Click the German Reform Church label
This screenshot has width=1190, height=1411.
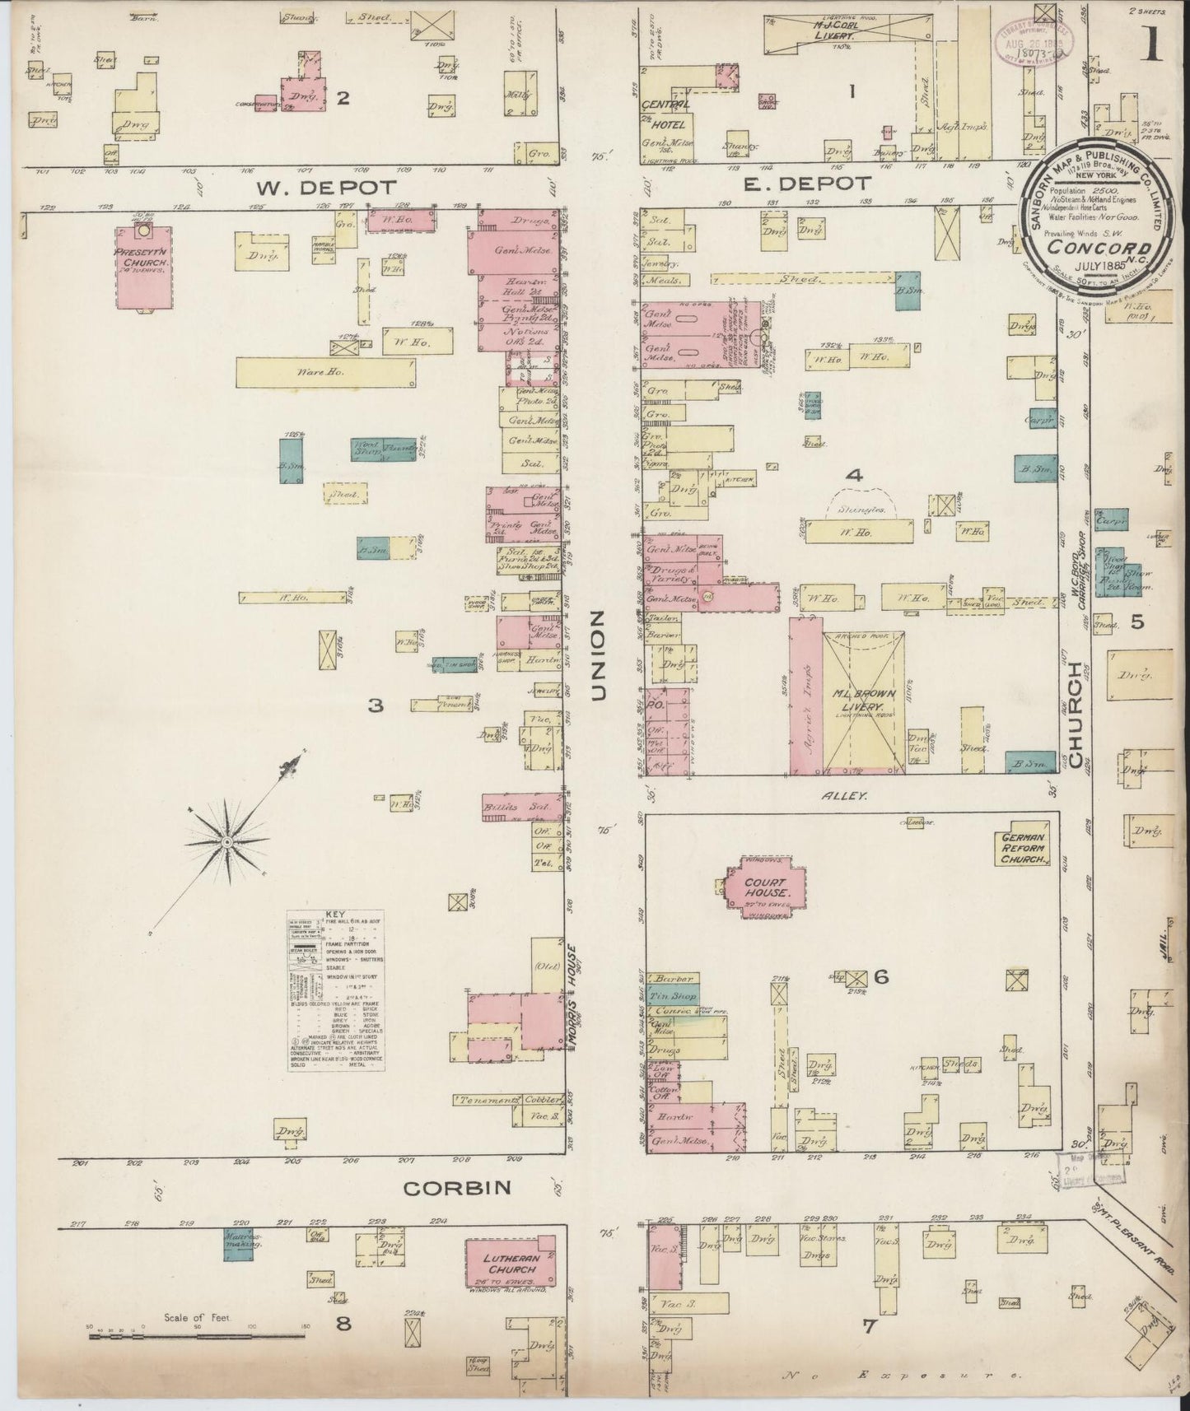tap(1023, 848)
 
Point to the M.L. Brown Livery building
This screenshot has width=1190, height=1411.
tap(863, 701)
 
